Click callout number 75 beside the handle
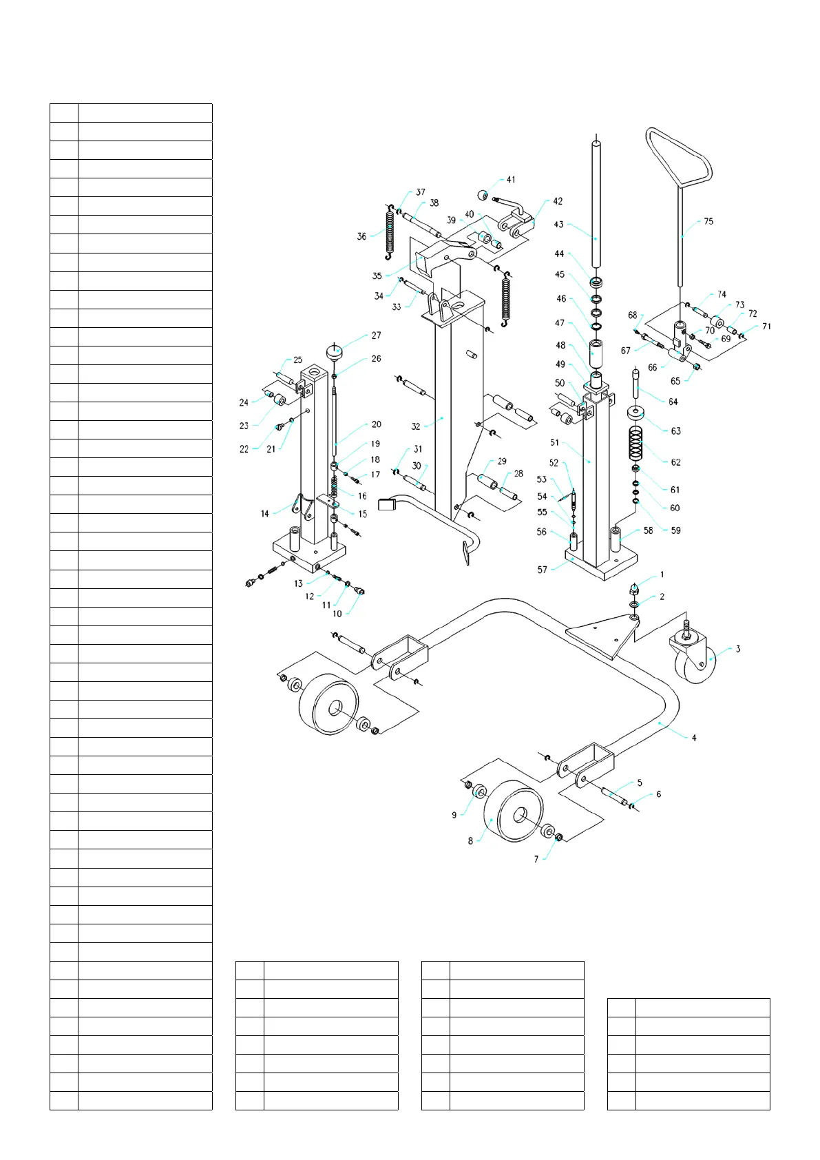point(708,222)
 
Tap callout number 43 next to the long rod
point(558,225)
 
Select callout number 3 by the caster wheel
point(737,649)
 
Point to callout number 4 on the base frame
point(694,738)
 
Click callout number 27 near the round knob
point(376,335)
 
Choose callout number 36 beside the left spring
point(361,236)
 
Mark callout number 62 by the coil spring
point(675,462)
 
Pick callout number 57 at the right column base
point(542,570)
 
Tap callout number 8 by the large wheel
point(470,841)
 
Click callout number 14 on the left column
point(264,514)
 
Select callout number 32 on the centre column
point(415,426)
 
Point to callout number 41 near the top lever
point(510,180)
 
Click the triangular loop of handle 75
point(678,158)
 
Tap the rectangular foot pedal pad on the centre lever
point(389,505)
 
